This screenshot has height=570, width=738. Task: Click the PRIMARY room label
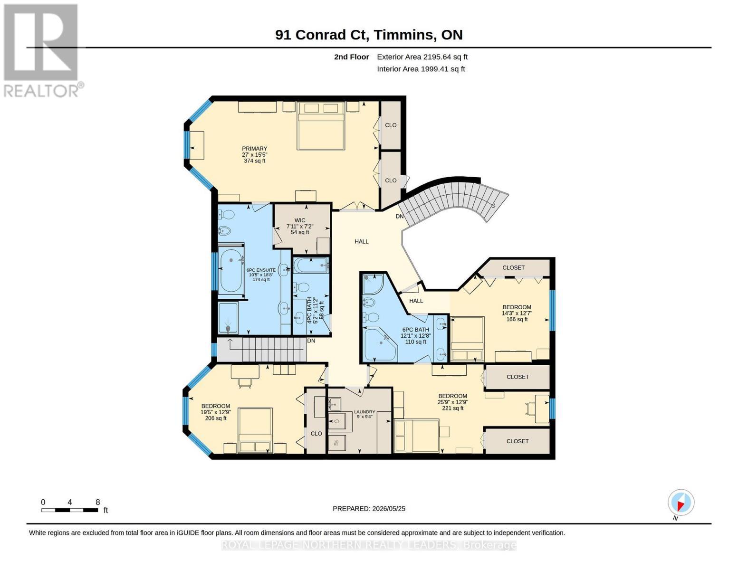[x=254, y=149]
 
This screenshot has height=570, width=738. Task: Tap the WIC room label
[x=299, y=220]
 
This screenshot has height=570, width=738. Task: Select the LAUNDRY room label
[x=364, y=412]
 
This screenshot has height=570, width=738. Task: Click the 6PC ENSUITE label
[x=261, y=270]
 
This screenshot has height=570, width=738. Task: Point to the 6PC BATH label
[x=415, y=330]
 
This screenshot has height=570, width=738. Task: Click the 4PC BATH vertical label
[x=309, y=310]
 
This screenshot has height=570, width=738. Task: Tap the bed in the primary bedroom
[x=321, y=125]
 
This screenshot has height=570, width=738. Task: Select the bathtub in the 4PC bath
[x=311, y=265]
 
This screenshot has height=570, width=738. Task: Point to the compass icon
[x=680, y=503]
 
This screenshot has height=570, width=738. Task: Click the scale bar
[x=70, y=510]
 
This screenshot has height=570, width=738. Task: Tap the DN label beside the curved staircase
[x=400, y=216]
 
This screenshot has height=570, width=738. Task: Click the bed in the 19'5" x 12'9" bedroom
[x=255, y=430]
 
